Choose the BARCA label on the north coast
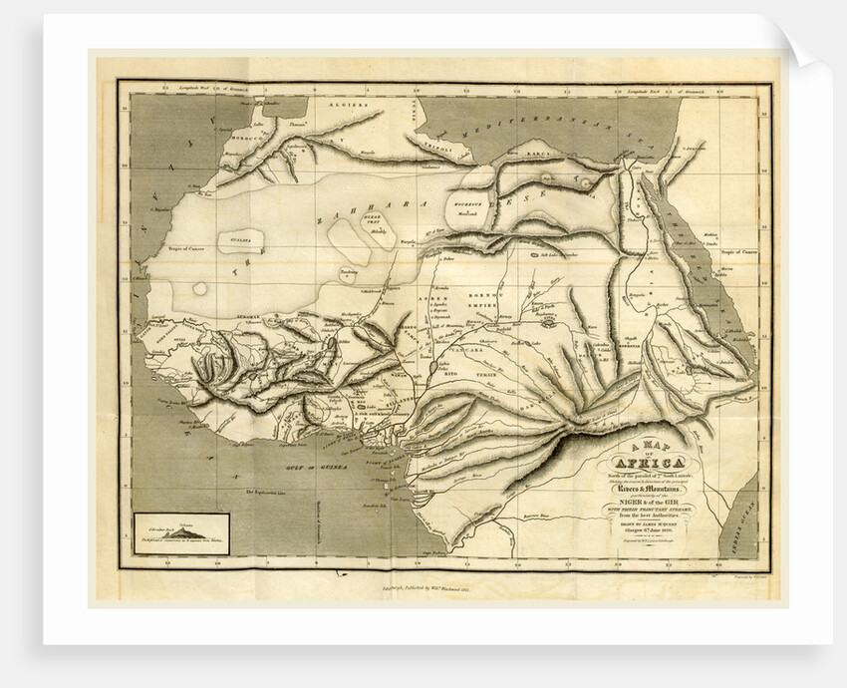pyautogui.click(x=545, y=156)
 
